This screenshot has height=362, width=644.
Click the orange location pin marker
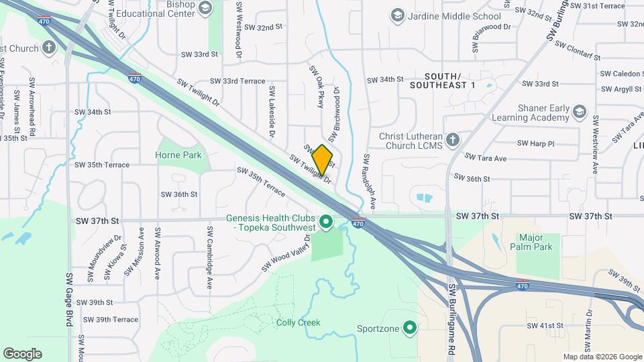click(x=322, y=160)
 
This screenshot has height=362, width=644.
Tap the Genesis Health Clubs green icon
click(x=327, y=221)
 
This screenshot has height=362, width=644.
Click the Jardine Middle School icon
click(x=398, y=15)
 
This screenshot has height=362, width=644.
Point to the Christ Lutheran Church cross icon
click(x=453, y=140)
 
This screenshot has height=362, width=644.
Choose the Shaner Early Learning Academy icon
click(x=580, y=111)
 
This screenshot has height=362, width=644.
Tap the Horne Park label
click(x=179, y=155)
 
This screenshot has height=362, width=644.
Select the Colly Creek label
click(x=299, y=322)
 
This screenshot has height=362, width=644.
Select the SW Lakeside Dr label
click(x=272, y=112)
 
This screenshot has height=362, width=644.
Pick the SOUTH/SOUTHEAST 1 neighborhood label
click(x=442, y=80)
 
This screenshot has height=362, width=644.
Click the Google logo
click(x=22, y=353)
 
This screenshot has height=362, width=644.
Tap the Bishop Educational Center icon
click(x=205, y=8)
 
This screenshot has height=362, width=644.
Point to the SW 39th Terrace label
click(x=107, y=320)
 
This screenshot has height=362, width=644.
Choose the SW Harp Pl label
click(x=536, y=143)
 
